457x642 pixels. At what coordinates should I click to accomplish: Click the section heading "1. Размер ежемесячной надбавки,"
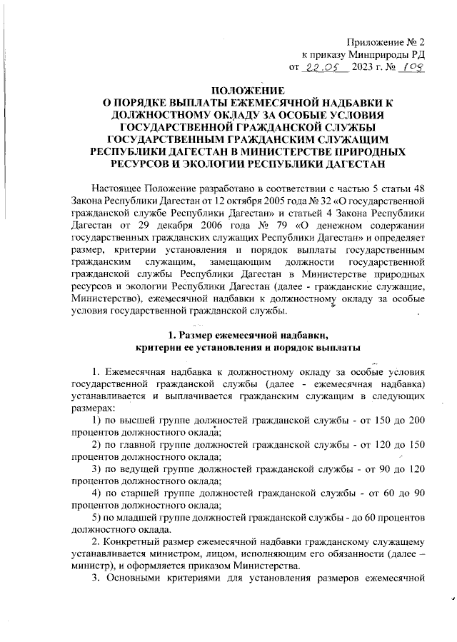click(x=246, y=333)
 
